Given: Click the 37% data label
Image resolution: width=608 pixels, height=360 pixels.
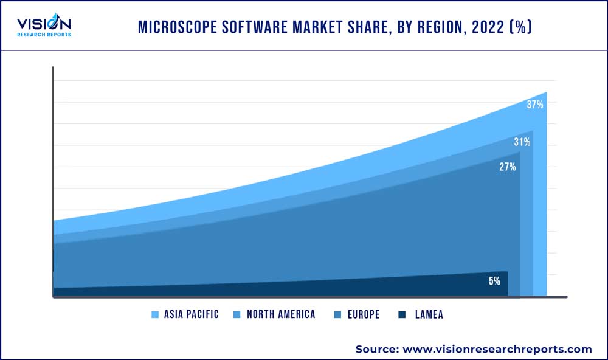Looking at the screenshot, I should pos(534,105).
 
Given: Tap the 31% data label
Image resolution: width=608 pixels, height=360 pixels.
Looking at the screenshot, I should pos(522,142).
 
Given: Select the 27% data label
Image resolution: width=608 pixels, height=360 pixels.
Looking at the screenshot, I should pos(507,167).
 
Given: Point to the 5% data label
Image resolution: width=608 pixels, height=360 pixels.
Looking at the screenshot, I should pos(494,281).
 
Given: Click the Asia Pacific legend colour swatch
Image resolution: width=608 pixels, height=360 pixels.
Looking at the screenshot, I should pos(155,314).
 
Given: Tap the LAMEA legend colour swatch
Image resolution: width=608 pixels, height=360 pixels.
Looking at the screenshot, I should pos(402,314).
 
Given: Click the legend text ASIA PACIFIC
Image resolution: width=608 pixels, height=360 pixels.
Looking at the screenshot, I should pos(191,314).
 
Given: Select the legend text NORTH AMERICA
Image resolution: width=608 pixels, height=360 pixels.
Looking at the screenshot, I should pos(281,314).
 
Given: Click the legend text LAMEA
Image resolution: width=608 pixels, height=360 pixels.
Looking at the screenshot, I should pos(429,314).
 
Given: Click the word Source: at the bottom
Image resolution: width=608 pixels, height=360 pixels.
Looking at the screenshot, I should pos(376,349).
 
